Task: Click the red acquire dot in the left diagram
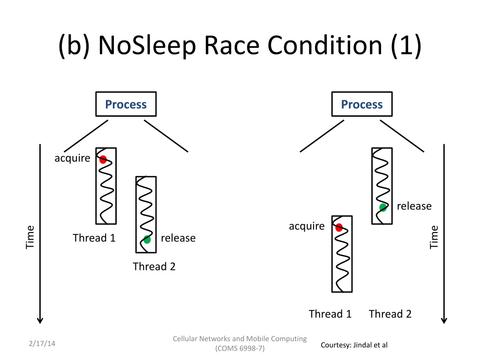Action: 103,159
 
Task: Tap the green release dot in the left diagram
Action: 147,240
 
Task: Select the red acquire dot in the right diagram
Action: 339,228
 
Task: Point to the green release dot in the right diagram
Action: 383,208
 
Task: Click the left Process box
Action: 126,104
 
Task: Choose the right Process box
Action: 362,104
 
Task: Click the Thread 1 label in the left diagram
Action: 94,238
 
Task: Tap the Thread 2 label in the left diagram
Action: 154,266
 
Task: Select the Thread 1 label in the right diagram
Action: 330,314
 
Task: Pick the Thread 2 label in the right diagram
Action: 390,314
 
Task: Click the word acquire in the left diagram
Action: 72,158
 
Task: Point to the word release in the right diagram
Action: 414,206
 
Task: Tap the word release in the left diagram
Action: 178,238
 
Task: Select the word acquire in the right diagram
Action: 307,226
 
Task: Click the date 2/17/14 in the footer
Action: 42,344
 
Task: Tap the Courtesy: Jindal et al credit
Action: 354,345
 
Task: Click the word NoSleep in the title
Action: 147,45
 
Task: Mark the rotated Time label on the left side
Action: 30,237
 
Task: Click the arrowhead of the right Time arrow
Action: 444,321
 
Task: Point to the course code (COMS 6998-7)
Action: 240,348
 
